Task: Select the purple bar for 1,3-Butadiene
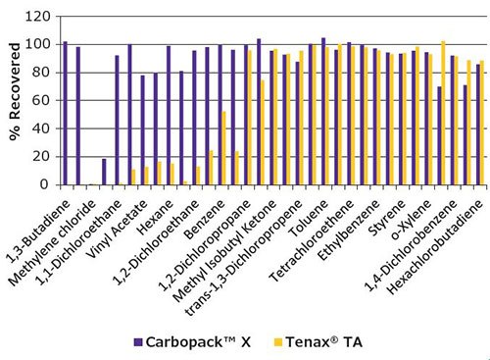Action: [66, 113]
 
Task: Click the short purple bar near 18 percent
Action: [104, 172]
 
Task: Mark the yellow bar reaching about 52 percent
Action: [224, 148]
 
